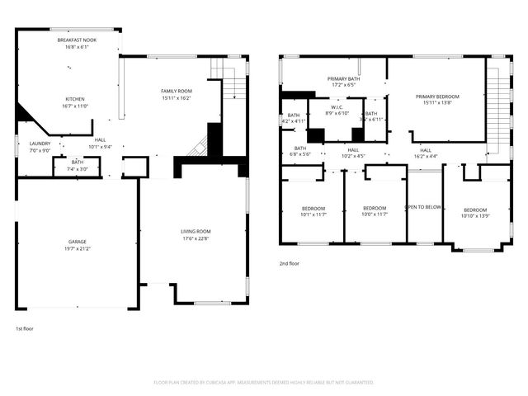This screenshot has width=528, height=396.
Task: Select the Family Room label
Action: click(x=177, y=91)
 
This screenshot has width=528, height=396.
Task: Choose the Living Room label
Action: click(x=196, y=232)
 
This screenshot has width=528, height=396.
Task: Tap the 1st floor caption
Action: click(x=26, y=328)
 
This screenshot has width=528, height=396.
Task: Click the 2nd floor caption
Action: click(x=290, y=264)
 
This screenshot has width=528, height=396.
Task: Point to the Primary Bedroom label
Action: click(x=436, y=97)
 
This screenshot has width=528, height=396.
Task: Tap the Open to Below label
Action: click(x=424, y=207)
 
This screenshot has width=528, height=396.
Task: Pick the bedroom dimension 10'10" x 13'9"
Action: click(x=475, y=215)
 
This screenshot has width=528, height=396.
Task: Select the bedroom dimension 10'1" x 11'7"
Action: click(x=313, y=214)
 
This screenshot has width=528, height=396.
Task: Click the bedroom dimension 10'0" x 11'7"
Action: click(x=375, y=214)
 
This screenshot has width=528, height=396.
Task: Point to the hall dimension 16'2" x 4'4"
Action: click(x=426, y=156)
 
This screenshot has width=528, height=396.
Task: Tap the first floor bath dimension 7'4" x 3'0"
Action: click(x=77, y=169)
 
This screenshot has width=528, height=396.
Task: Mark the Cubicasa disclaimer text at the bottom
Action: click(x=264, y=382)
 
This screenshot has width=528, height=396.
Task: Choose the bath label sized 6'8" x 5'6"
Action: click(x=295, y=154)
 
